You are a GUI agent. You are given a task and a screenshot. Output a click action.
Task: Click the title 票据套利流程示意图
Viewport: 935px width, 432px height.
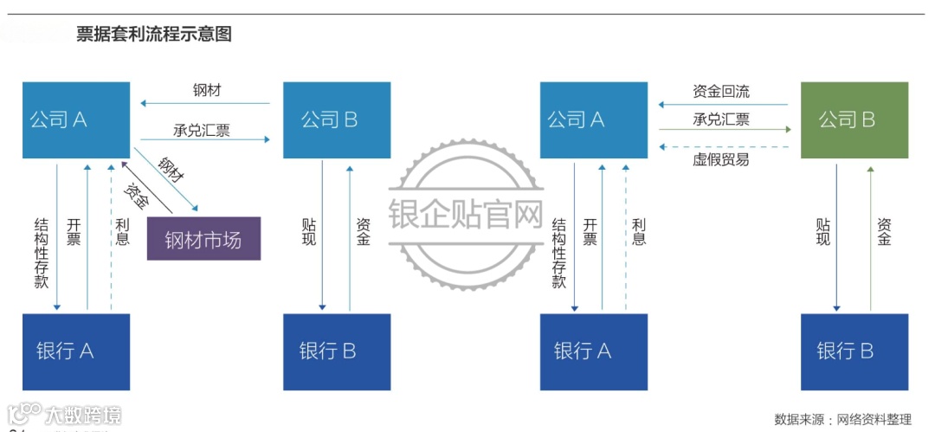[x=154, y=35]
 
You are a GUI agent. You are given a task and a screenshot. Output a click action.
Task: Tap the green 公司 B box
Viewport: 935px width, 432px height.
[x=854, y=120]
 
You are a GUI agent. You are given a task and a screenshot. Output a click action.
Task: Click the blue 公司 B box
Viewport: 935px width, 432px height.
[x=337, y=120]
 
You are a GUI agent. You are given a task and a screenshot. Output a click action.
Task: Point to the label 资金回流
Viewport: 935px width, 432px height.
[x=721, y=91]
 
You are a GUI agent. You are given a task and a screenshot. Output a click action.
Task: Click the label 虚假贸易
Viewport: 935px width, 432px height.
[x=721, y=159]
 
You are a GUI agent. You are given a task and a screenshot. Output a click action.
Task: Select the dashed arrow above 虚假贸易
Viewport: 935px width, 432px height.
[x=725, y=145]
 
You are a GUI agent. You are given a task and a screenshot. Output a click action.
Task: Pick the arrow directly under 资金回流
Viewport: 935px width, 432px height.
[x=725, y=105]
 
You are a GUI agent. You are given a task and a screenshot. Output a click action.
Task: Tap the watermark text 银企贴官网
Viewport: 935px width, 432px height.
[x=466, y=215]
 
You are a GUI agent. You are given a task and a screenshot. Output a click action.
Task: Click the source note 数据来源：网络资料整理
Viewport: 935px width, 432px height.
[x=842, y=419]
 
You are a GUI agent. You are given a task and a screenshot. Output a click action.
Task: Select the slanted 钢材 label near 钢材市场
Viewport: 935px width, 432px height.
[x=171, y=169]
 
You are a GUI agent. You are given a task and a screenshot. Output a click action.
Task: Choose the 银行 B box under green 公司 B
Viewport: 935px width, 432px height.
[x=854, y=351]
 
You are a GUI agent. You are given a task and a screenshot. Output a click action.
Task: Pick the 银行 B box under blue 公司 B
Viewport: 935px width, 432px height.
[x=337, y=351]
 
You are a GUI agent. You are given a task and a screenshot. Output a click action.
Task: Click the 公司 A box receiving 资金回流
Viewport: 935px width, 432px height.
[x=593, y=120]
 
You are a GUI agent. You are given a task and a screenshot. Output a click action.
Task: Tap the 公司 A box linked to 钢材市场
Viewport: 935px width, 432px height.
[x=76, y=120]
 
